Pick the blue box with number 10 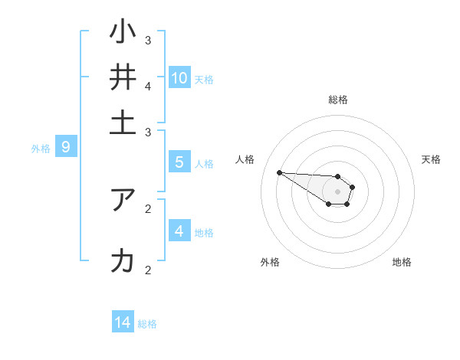click(x=179, y=77)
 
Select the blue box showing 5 click(x=179, y=162)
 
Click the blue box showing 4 click(x=179, y=231)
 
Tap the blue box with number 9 click(x=65, y=148)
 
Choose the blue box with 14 click(x=123, y=322)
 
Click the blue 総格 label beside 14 click(x=147, y=324)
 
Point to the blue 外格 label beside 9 click(x=41, y=149)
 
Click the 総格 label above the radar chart click(x=337, y=100)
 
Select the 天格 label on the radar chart click(x=431, y=159)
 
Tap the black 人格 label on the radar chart click(x=245, y=159)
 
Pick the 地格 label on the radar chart click(x=402, y=262)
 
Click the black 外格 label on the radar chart click(x=270, y=262)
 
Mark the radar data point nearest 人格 click(x=279, y=172)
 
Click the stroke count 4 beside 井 click(x=148, y=85)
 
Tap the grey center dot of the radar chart click(x=337, y=191)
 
